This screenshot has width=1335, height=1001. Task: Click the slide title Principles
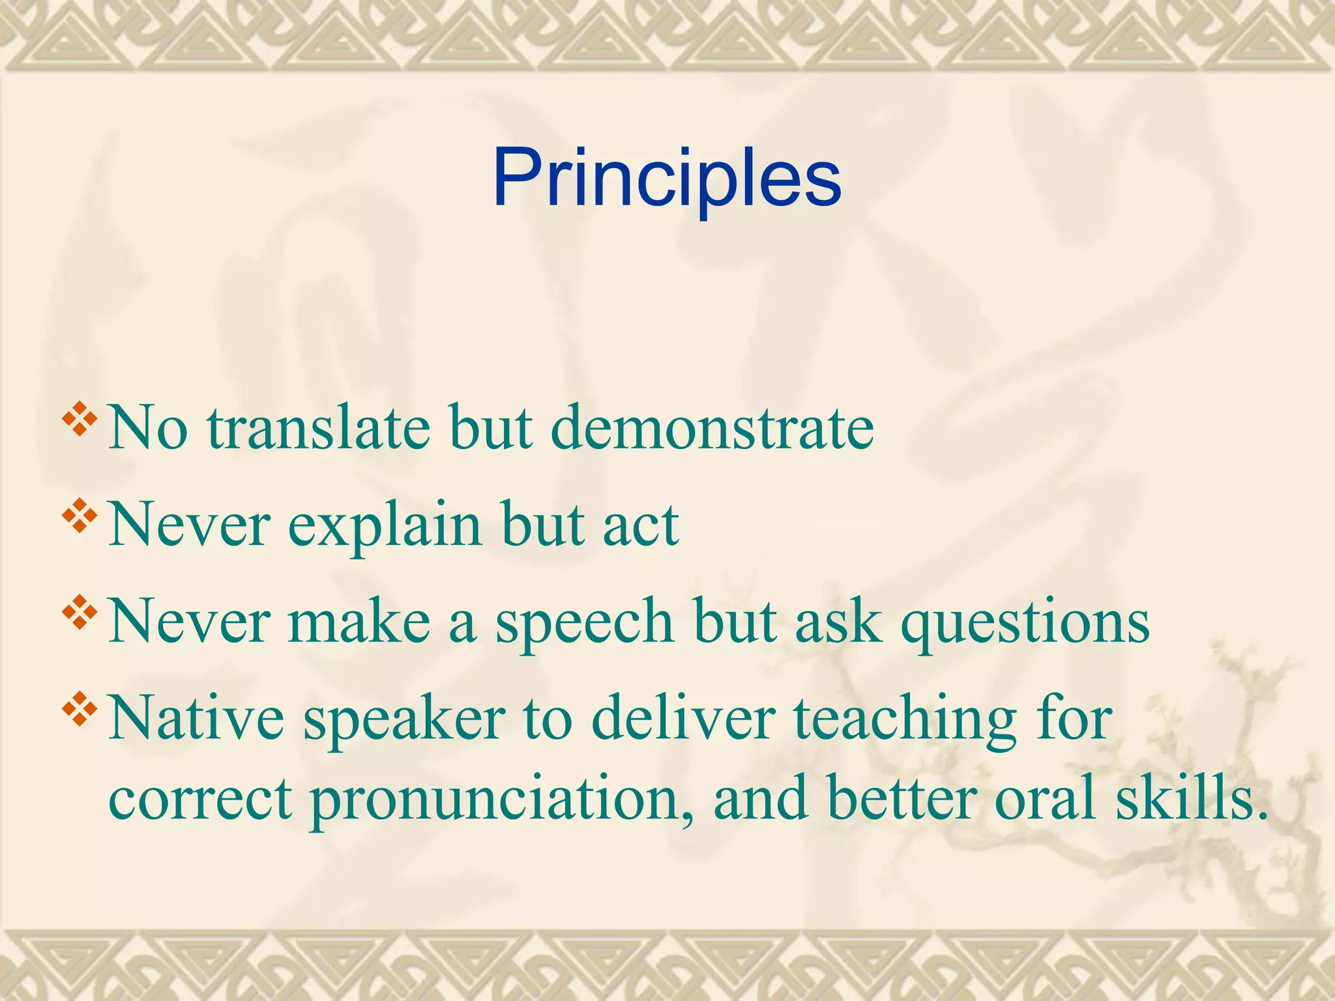click(x=667, y=178)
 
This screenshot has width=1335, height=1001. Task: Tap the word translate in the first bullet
click(x=319, y=429)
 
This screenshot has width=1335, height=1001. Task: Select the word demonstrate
click(x=712, y=429)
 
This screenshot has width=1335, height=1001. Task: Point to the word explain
click(x=385, y=525)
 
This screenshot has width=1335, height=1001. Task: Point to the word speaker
click(x=404, y=719)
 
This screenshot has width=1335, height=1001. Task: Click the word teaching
click(x=905, y=719)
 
